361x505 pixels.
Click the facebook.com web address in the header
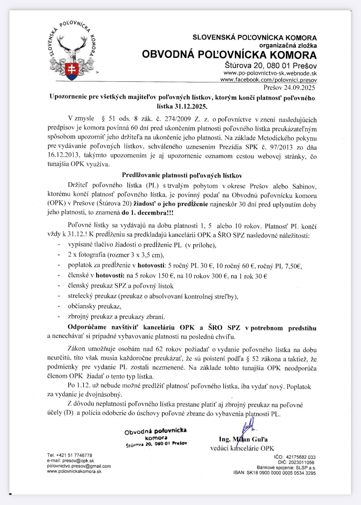(269, 80)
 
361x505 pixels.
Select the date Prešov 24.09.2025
(289, 88)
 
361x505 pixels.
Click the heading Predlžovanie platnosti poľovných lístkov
(182, 175)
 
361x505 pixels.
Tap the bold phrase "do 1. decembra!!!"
(147, 213)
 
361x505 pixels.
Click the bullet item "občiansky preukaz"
(94, 306)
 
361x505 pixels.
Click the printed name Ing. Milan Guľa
(243, 439)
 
